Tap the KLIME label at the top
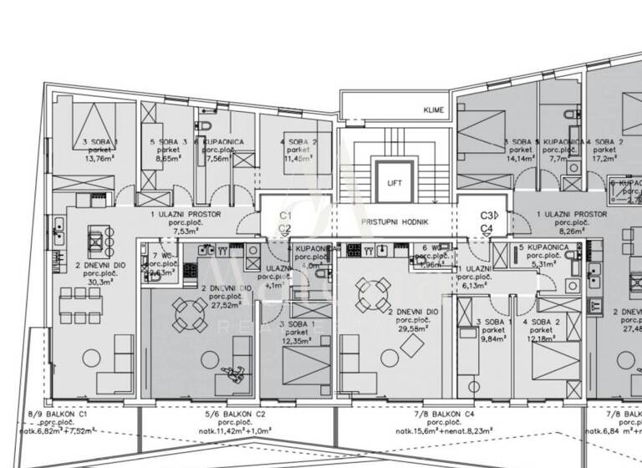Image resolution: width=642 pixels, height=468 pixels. pos(433,110)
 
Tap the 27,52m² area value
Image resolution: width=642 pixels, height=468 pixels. pos(221,306)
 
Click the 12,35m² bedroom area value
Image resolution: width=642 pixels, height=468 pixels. pos(296,341)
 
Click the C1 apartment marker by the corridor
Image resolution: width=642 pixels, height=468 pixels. pos(284,215)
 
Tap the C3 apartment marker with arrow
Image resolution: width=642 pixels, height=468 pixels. pos(489,215)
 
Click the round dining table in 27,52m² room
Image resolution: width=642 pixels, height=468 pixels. pos(191,314)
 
